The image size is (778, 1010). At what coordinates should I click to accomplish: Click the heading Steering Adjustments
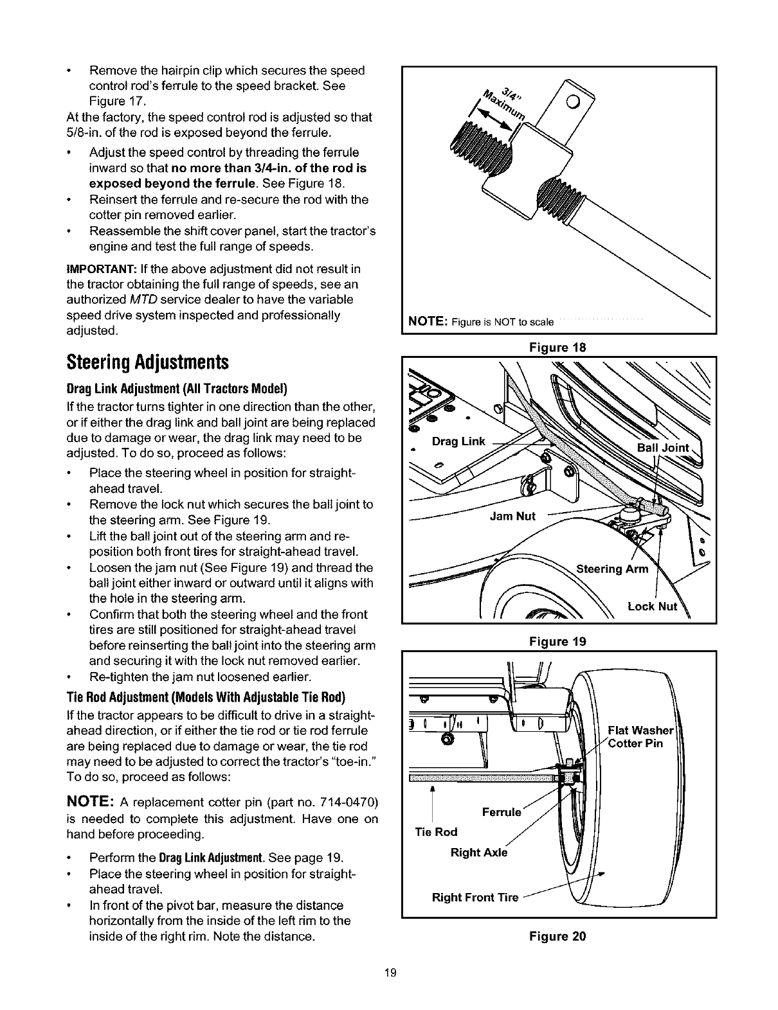click(147, 362)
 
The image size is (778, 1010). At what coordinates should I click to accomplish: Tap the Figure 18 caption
click(557, 347)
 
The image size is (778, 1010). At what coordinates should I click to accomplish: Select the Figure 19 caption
click(557, 641)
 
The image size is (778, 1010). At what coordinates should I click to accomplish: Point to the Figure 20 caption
click(557, 935)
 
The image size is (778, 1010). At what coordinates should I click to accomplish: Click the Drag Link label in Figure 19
click(458, 441)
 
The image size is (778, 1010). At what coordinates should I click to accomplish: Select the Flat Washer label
click(640, 731)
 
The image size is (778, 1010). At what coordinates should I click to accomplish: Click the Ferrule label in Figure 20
click(502, 811)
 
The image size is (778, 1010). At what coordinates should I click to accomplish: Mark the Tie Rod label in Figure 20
click(436, 832)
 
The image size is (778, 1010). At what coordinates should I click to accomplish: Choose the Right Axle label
click(479, 853)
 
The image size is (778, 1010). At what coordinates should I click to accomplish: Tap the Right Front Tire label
click(475, 898)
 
